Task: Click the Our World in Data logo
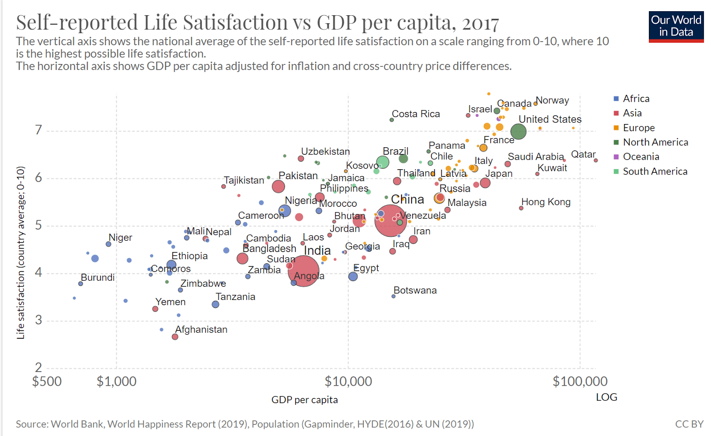[676, 26]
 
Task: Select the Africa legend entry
[636, 98]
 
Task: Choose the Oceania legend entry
[641, 157]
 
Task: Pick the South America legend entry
[655, 171]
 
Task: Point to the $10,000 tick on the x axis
[348, 381]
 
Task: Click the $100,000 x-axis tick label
[580, 381]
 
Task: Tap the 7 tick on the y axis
[38, 130]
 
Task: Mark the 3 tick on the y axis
[38, 320]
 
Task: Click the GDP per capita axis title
[304, 400]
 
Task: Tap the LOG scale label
[606, 397]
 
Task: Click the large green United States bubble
[518, 132]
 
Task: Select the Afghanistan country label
[201, 329]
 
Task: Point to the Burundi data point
[81, 284]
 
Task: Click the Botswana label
[415, 290]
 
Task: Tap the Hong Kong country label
[546, 202]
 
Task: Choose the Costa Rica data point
[392, 120]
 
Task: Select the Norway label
[552, 100]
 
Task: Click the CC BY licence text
[689, 424]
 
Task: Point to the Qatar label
[583, 154]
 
